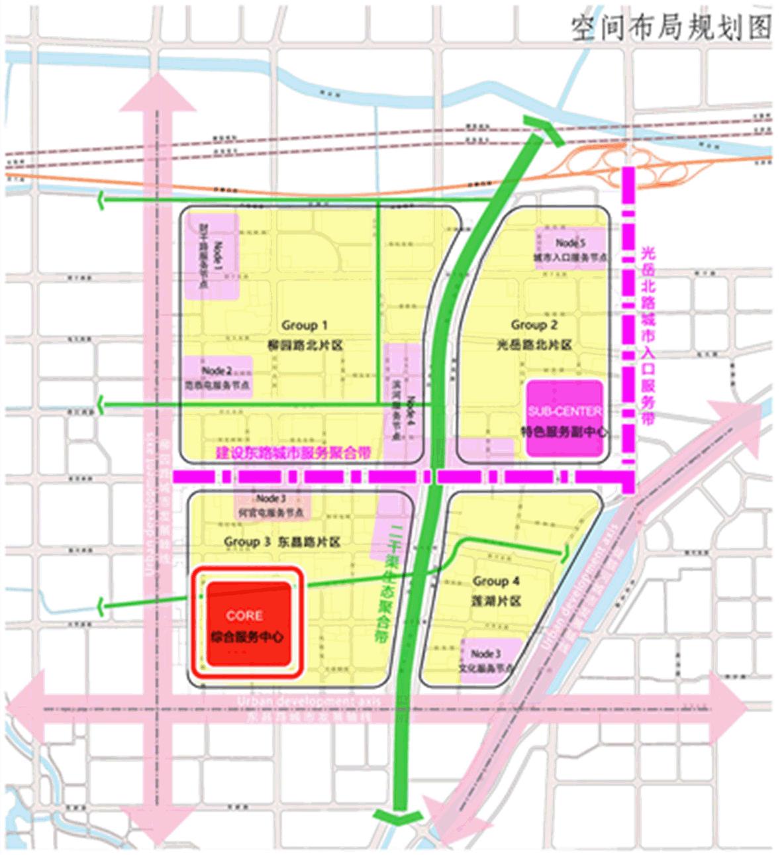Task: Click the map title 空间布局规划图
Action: [x=671, y=28]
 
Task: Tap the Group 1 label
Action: [x=305, y=325]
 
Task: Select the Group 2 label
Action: [x=534, y=325]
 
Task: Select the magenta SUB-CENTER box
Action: [x=564, y=419]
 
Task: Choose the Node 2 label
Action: [x=217, y=371]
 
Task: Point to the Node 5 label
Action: [x=570, y=243]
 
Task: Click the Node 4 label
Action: [x=411, y=411]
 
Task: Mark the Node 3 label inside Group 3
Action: [x=271, y=499]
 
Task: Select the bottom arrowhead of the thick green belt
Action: [x=397, y=817]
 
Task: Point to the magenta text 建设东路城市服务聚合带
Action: [x=293, y=454]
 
